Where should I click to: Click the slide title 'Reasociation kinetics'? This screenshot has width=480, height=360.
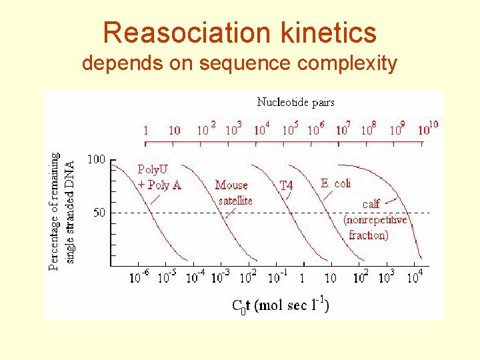coord(240,33)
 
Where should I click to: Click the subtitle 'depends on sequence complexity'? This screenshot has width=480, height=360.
coord(239,63)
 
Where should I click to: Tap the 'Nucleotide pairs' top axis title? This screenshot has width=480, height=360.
coord(295,102)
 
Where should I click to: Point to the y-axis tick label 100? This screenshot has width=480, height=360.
coord(97,159)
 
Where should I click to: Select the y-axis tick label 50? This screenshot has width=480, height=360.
coord(99,213)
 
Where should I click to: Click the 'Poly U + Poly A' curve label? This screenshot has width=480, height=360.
coord(159,177)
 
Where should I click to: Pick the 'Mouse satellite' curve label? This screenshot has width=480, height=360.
coord(234,192)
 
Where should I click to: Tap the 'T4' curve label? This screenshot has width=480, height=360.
coord(285,185)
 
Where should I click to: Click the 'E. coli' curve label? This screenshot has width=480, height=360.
coord(335,183)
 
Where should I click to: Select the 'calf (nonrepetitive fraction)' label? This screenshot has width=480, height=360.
coord(375,219)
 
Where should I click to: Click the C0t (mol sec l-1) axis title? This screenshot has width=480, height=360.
coord(280,305)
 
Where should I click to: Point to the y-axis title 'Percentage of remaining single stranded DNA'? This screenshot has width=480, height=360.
coord(62,210)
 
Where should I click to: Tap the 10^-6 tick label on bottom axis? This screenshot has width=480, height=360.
coord(139,277)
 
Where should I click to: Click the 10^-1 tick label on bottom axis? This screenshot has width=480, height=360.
coord(277,277)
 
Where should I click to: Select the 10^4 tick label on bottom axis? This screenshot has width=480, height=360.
coord(415,277)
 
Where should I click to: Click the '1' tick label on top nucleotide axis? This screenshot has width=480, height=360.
coord(146,131)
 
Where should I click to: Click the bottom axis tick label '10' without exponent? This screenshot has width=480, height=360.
coord(330,278)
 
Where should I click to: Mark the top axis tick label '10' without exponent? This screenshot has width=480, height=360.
coord(174,131)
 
